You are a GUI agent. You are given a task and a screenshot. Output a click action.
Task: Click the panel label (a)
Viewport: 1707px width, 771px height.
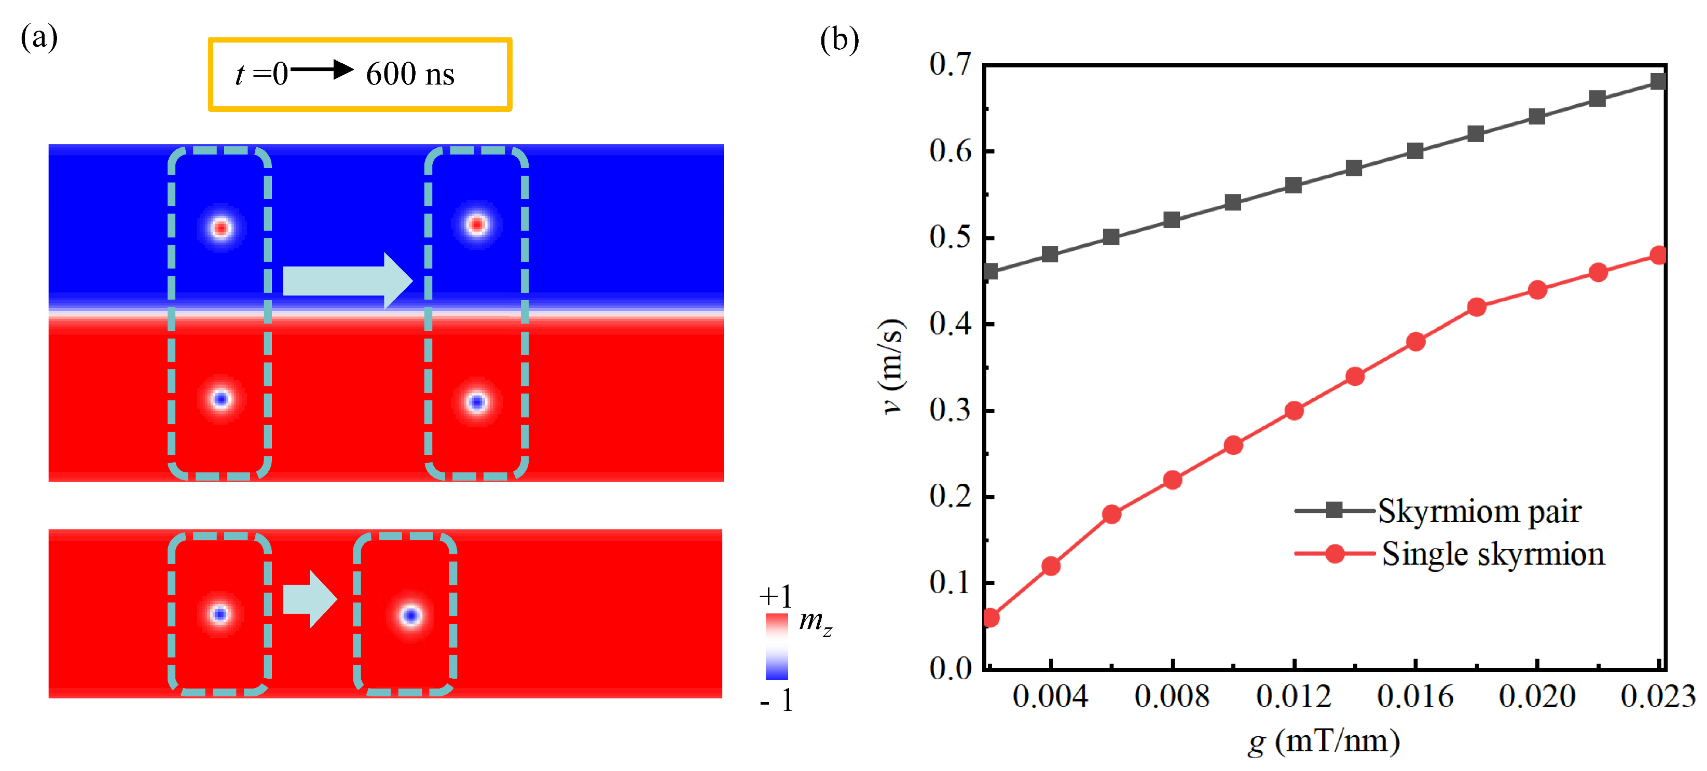(x=39, y=38)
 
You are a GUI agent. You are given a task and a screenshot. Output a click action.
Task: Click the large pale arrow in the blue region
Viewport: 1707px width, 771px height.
(x=347, y=281)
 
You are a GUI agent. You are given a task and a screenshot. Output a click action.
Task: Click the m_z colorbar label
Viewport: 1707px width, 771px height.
(x=815, y=622)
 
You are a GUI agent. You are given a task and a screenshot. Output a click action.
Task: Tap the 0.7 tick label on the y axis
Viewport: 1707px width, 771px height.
(x=949, y=64)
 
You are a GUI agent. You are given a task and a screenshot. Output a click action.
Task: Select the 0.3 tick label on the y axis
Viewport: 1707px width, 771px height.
(x=949, y=410)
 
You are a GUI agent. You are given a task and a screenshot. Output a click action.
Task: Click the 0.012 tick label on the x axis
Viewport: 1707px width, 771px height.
(x=1293, y=696)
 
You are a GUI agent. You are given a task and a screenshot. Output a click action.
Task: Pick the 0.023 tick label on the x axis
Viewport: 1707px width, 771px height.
(x=1657, y=696)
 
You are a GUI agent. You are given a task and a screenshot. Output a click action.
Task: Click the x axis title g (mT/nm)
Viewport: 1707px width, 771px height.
(x=1324, y=740)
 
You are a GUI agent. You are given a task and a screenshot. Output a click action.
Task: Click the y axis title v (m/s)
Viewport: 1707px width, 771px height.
(x=892, y=366)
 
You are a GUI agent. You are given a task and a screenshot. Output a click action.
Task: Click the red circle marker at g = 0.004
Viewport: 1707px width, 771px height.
(x=1051, y=566)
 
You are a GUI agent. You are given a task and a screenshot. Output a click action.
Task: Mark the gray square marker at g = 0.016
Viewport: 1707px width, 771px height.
(x=1415, y=151)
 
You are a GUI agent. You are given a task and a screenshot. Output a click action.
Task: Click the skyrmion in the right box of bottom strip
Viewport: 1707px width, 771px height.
(x=411, y=616)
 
